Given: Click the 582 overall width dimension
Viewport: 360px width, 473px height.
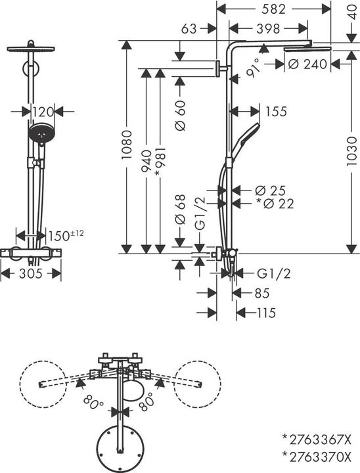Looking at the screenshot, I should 273,9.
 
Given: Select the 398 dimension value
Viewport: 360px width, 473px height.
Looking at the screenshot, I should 267,29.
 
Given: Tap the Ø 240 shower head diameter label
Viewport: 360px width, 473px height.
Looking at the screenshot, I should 308,64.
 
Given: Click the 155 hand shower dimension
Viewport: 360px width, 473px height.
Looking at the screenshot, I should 277,112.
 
